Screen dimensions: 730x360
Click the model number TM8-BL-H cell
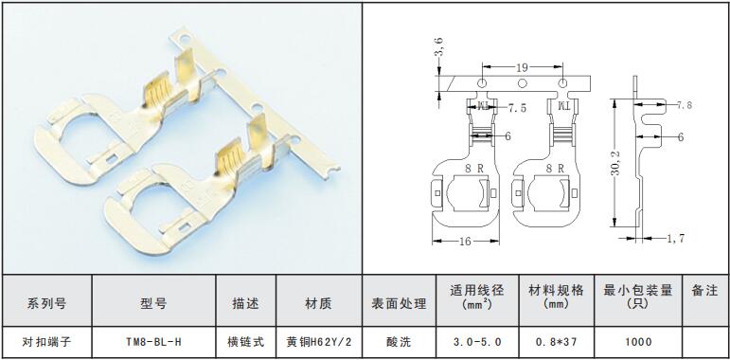pos(153,342)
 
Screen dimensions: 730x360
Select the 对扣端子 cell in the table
pos(47,342)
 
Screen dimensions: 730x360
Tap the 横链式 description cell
pos(246,342)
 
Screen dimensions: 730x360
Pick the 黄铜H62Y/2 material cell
pos(319,342)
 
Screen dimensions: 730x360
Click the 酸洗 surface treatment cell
pos(399,342)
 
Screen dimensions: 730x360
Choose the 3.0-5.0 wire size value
pos(477,342)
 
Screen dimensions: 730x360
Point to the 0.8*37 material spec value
pos(557,342)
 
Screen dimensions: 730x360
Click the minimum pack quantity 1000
pos(638,342)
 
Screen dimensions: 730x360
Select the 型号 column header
pos(153,304)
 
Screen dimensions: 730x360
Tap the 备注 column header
pos(705,291)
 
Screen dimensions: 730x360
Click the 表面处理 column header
pos(399,304)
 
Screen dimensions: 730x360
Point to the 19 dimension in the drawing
pos(522,68)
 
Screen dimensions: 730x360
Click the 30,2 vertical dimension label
pos(617,163)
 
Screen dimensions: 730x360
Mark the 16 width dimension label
pos(465,242)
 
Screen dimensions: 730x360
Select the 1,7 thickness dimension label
pos(675,239)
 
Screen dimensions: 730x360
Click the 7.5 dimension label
pos(517,109)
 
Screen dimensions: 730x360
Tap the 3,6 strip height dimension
pos(439,48)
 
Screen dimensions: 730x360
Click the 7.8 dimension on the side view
pos(684,105)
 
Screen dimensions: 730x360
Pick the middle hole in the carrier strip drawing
pos(523,83)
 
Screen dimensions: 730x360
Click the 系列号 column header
pos(47,304)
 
